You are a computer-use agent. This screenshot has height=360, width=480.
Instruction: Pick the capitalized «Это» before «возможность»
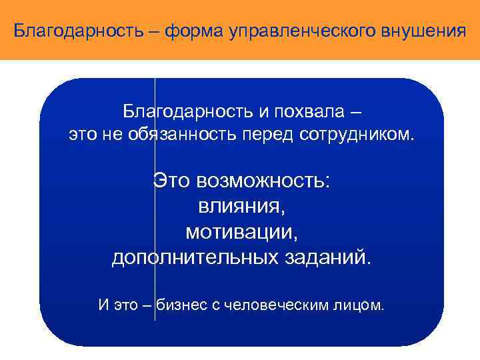click(172, 179)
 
